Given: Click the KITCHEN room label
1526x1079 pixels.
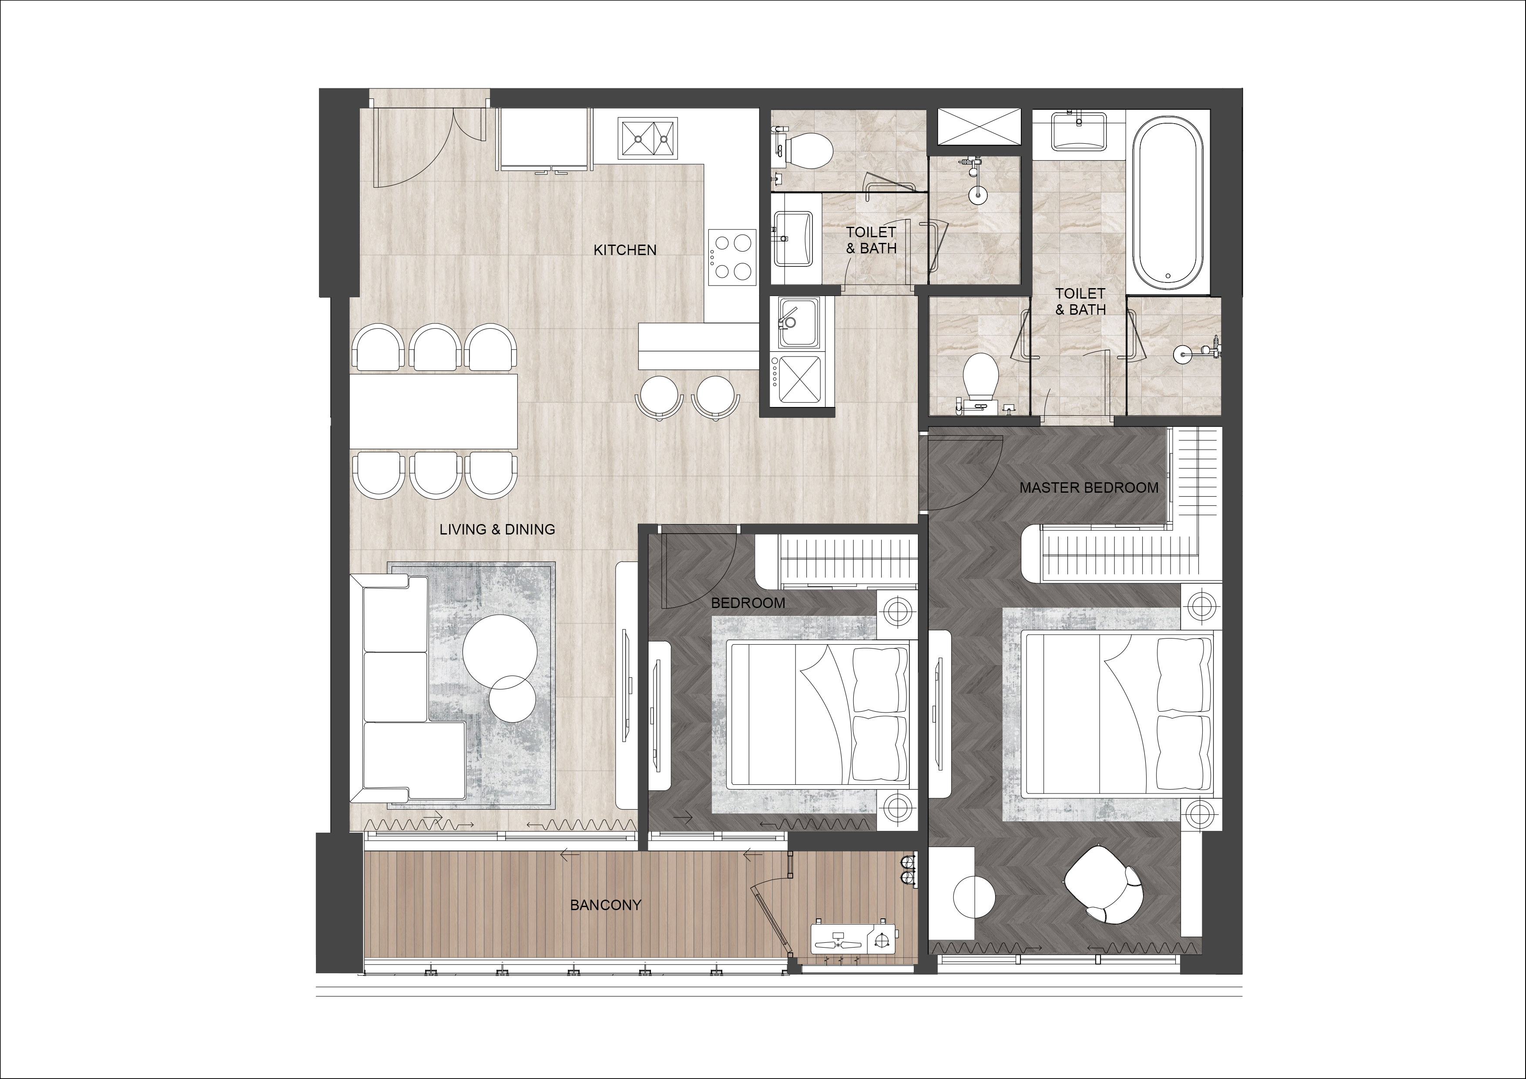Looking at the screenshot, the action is point(625,250).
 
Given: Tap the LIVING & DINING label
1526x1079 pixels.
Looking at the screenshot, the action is point(497,529).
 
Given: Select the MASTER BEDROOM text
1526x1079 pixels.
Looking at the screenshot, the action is point(1089,487).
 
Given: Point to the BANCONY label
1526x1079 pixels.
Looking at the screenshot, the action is point(605,905).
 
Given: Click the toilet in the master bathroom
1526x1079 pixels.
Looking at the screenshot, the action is point(979,379).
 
